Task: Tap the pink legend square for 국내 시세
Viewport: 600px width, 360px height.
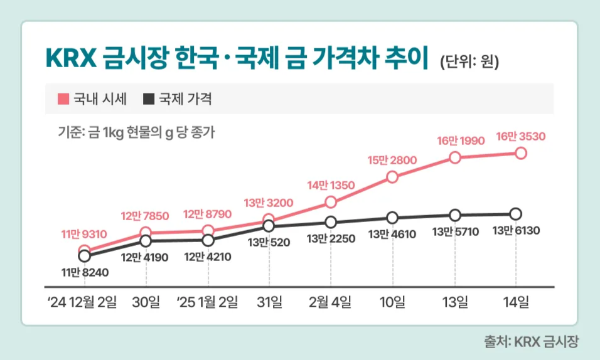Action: point(62,98)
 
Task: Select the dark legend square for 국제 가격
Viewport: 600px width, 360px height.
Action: point(148,98)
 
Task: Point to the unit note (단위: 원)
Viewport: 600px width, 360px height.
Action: point(469,61)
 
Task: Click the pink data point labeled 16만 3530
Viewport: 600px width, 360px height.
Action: point(520,153)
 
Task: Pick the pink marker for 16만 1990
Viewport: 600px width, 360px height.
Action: point(455,157)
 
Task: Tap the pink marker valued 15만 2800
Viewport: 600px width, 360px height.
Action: point(393,177)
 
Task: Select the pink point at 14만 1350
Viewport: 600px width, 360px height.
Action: point(331,202)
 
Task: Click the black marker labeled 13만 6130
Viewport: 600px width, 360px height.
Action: point(516,214)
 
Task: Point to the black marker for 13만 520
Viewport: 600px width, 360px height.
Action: point(269,226)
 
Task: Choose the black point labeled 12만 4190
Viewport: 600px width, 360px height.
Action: point(146,241)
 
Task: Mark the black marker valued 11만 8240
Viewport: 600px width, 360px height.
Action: point(84,256)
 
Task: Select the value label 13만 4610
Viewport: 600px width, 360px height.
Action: point(392,235)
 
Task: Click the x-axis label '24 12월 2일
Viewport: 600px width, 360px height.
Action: point(82,302)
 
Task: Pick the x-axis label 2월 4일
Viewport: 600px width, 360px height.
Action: point(331,302)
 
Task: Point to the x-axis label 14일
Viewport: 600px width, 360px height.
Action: point(516,302)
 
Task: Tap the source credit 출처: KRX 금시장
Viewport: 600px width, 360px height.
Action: point(531,342)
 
